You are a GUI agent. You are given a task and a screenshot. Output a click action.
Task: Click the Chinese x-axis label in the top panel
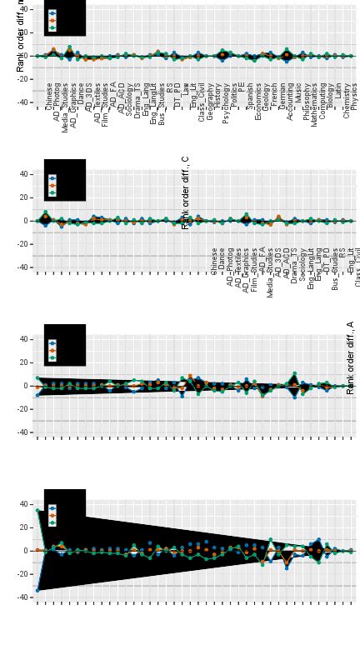(x=49, y=95)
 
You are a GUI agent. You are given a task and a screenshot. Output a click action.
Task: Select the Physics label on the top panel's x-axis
(x=354, y=96)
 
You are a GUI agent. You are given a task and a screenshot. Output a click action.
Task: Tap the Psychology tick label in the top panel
(x=226, y=102)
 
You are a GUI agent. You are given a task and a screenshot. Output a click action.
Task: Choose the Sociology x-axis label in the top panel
(x=130, y=100)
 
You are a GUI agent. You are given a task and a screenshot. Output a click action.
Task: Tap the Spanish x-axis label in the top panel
(x=250, y=97)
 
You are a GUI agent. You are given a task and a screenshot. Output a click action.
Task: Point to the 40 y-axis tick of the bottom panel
(x=24, y=504)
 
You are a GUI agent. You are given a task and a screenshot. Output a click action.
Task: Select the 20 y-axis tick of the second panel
(x=24, y=197)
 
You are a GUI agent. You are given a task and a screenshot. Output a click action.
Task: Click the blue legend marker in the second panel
(x=52, y=178)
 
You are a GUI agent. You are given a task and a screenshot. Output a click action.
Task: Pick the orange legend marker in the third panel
(x=52, y=351)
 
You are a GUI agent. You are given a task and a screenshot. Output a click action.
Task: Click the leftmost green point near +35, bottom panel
(x=37, y=511)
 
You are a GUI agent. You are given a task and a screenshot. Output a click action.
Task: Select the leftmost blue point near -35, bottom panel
(x=37, y=590)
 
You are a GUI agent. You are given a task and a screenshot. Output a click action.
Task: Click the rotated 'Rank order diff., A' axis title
(x=351, y=357)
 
